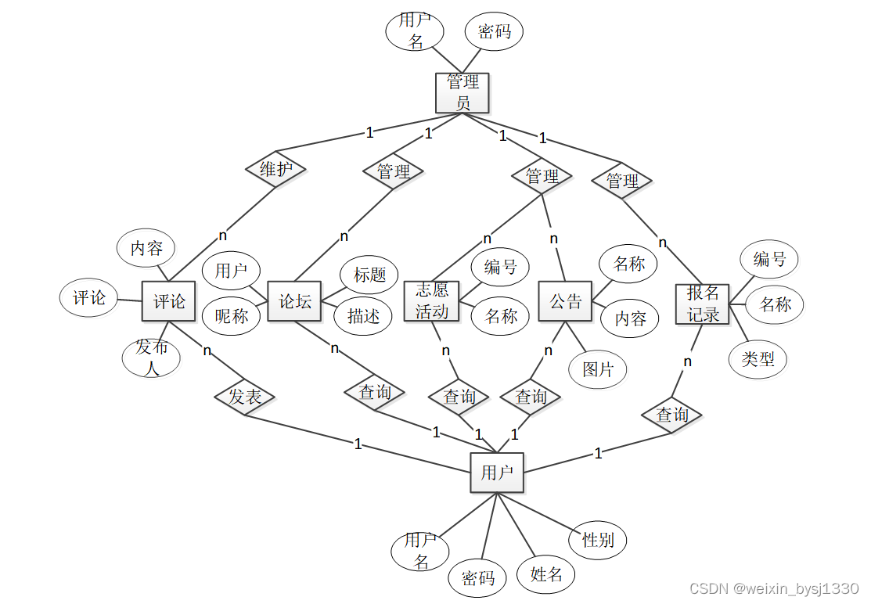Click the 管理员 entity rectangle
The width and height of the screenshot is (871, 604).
point(462,92)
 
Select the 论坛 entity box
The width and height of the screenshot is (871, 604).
point(294,301)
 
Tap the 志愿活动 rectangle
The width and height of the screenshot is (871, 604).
point(432,301)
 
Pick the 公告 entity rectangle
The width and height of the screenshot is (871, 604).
point(565,301)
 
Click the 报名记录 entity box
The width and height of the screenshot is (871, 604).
point(702,304)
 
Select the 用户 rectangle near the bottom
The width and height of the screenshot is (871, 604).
point(497,472)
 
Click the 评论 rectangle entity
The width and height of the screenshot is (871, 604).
point(168,301)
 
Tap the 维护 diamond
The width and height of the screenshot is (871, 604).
point(275,169)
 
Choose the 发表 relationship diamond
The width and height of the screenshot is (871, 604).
point(245,397)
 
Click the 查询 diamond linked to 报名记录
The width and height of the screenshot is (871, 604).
point(671,415)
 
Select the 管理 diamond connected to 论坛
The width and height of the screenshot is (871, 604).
point(394,171)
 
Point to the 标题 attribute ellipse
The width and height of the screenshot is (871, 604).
point(369,275)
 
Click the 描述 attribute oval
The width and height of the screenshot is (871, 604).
point(363,316)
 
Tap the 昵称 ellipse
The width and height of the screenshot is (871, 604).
point(231,316)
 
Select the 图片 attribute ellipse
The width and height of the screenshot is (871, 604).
point(598,369)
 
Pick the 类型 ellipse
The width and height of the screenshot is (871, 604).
point(758,359)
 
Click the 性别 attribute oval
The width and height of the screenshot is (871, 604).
point(598,539)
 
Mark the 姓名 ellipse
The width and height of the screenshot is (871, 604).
point(546,574)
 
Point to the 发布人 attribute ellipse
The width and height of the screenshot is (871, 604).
point(151,358)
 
